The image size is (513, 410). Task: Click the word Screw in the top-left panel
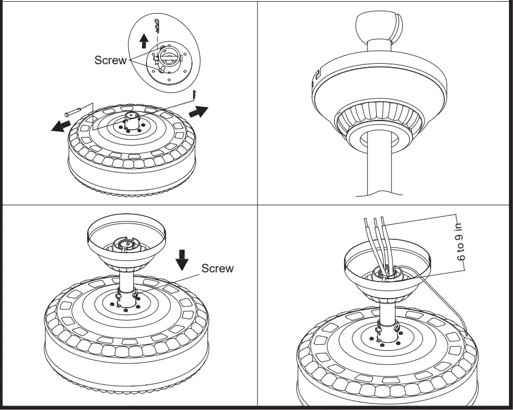110,60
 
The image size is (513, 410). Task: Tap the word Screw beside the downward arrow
217,268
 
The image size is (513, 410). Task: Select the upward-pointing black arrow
144,40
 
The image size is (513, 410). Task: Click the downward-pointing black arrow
182,259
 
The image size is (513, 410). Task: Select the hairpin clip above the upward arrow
158,24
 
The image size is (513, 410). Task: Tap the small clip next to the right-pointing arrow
194,94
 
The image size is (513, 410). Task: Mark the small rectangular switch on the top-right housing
317,74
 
